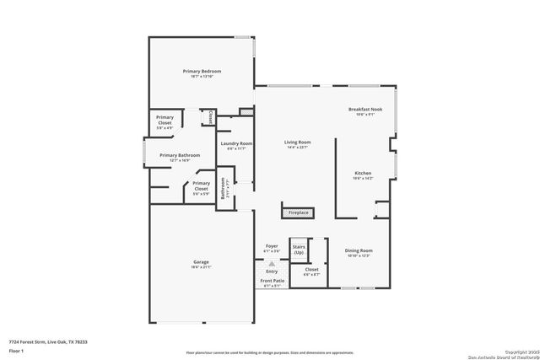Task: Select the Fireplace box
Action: pyautogui.click(x=298, y=212)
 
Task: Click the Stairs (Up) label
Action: pyautogui.click(x=298, y=250)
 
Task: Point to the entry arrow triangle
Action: pyautogui.click(x=271, y=263)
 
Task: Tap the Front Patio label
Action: pyautogui.click(x=271, y=281)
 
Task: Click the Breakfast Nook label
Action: pyautogui.click(x=364, y=110)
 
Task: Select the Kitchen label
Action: pyautogui.click(x=363, y=174)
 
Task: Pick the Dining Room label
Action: pyautogui.click(x=359, y=250)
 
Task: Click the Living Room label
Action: pyautogui.click(x=297, y=142)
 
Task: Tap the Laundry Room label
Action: pyautogui.click(x=236, y=143)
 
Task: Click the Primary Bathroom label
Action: pyautogui.click(x=179, y=155)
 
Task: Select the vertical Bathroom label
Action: pyautogui.click(x=223, y=188)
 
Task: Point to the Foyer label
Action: pyautogui.click(x=271, y=246)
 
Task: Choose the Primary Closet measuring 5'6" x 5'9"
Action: pyautogui.click(x=201, y=185)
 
